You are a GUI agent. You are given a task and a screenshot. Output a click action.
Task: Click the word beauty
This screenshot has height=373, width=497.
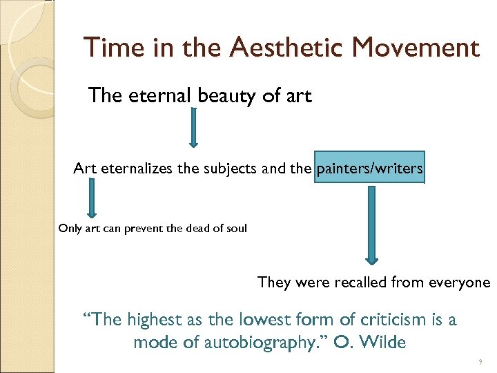tap(227, 96)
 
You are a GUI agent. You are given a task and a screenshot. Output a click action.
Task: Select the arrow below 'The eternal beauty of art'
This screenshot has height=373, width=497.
tap(193, 127)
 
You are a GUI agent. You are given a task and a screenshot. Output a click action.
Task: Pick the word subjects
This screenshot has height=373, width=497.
tap(233, 169)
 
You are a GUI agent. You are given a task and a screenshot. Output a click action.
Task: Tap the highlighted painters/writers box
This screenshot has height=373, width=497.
tap(369, 168)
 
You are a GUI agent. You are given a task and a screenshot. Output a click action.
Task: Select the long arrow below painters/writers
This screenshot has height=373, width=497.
tap(372, 225)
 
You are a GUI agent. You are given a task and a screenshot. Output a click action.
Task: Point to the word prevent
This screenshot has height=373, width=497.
tap(143, 229)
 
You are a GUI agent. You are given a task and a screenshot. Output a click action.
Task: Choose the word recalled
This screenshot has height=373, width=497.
tap(360, 282)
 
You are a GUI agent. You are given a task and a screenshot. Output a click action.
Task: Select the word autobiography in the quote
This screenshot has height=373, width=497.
tap(262, 342)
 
